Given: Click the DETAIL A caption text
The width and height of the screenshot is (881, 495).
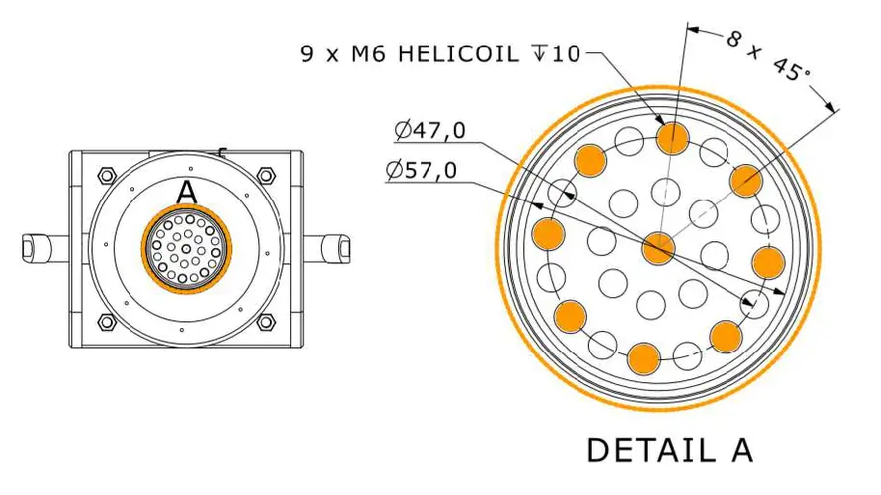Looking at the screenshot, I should tap(669, 451).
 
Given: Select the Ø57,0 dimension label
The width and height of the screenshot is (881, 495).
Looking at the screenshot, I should tap(421, 171).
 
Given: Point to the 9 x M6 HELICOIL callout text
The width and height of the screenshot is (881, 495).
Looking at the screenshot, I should tap(440, 53).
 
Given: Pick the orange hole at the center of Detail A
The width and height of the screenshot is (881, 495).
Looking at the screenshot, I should tap(658, 247).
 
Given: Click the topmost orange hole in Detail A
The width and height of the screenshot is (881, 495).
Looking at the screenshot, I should tap(673, 138).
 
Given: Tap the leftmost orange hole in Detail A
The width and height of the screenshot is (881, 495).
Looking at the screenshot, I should tap(547, 233).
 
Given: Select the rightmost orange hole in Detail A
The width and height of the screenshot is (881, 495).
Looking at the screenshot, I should tap(768, 261).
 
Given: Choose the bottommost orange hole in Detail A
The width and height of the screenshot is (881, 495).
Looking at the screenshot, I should tap(644, 358).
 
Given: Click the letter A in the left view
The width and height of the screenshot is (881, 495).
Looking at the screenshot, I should tap(187, 193).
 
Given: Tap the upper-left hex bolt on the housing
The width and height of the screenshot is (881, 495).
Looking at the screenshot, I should tap(106, 176).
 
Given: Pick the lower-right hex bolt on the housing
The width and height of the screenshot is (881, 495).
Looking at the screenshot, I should tap(266, 321).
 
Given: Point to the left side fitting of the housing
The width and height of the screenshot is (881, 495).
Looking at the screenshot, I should tap(42, 248).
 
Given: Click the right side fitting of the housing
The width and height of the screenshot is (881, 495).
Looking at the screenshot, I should tap(329, 248).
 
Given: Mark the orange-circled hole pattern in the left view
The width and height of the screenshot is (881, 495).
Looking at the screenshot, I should tap(187, 248).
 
